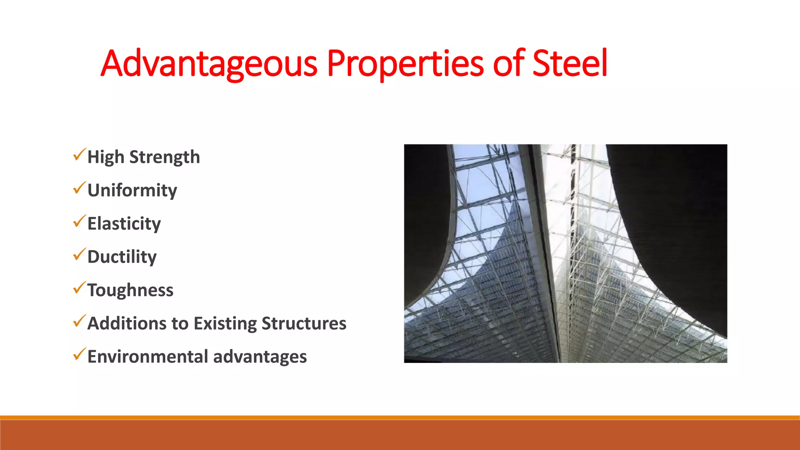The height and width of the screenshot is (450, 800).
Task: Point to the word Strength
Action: [164, 157]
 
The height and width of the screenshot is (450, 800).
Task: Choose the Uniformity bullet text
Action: [132, 191]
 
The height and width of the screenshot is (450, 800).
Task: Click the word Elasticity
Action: [124, 224]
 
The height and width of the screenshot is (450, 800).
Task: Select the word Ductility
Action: [122, 257]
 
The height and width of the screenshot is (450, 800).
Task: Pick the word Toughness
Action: [130, 290]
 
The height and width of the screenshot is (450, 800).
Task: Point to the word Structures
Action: [304, 323]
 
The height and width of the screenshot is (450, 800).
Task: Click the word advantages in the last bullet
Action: [260, 357]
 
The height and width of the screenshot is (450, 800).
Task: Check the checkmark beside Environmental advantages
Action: [79, 354]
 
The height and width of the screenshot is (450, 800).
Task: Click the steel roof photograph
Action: [565, 253]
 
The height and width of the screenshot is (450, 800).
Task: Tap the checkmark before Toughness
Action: [79, 288]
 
